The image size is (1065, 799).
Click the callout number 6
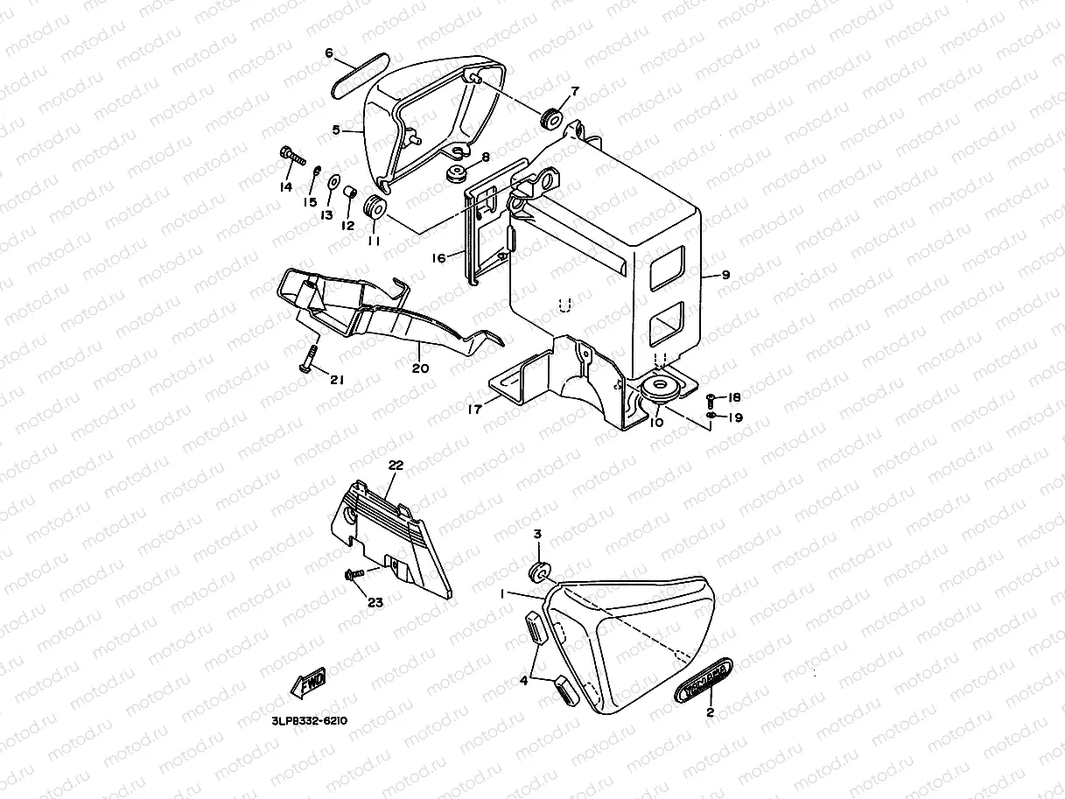point(329,53)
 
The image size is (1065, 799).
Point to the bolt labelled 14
point(291,156)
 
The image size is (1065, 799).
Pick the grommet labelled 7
point(552,116)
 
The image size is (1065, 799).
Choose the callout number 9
point(725,275)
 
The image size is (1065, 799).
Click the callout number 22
point(396,466)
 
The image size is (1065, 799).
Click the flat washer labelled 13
point(333,184)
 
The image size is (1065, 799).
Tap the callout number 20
point(420,368)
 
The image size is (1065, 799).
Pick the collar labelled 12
point(350,193)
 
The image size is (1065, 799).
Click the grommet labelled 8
point(455,174)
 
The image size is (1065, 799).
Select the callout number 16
point(438,257)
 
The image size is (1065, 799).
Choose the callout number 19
point(735,417)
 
